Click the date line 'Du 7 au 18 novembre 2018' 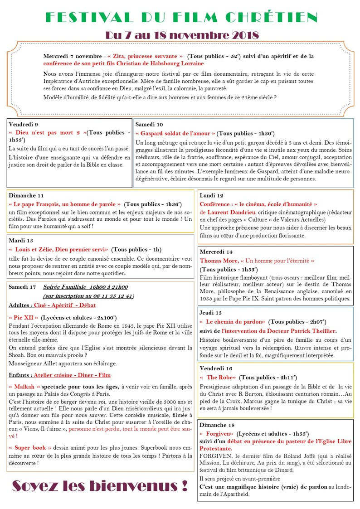(182, 35)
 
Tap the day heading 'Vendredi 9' (23, 124)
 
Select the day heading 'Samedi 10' (149, 124)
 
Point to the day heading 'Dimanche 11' (26, 195)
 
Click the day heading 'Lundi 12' (212, 195)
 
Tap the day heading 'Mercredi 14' (216, 252)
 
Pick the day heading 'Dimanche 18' (217, 425)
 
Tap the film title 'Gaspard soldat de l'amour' (175, 133)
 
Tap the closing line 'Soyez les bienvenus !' (99, 485)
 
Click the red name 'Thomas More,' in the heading (219, 261)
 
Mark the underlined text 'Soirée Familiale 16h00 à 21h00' (85, 286)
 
